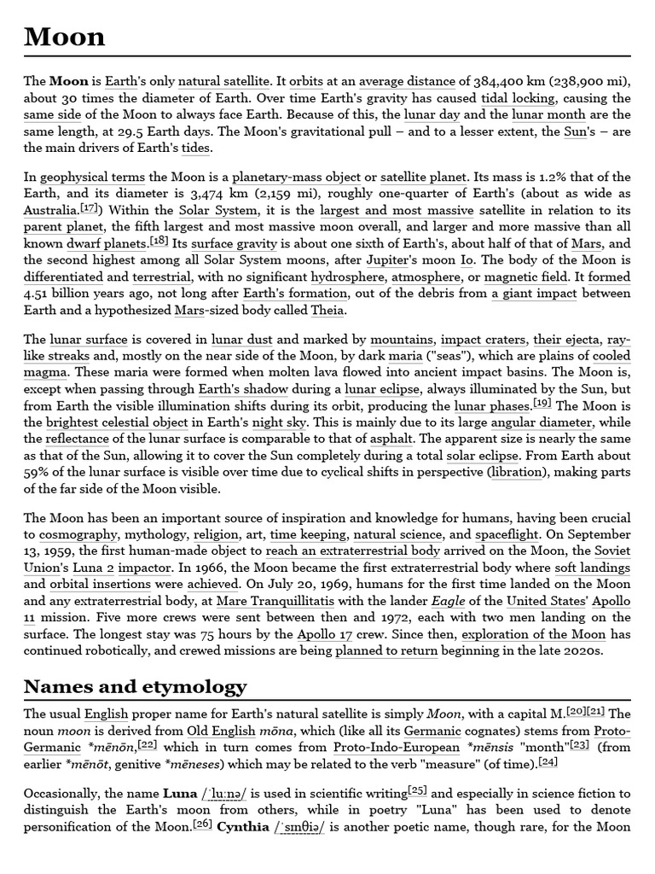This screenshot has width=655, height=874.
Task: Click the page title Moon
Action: [65, 36]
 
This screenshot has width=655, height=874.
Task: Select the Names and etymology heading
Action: [135, 686]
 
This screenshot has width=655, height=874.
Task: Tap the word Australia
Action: [50, 210]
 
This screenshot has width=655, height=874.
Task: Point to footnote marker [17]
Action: [89, 207]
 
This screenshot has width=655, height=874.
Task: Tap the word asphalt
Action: [393, 439]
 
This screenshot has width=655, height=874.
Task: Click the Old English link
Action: [223, 731]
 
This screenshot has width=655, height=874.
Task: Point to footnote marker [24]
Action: [548, 760]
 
